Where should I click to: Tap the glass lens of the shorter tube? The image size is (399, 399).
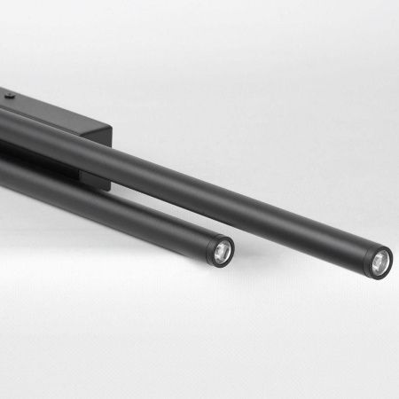coord(222,251)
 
